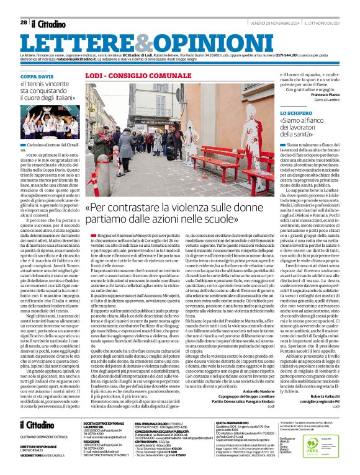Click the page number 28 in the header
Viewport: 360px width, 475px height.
pyautogui.click(x=24, y=22)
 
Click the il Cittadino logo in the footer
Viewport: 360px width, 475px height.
pyautogui.click(x=37, y=425)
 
